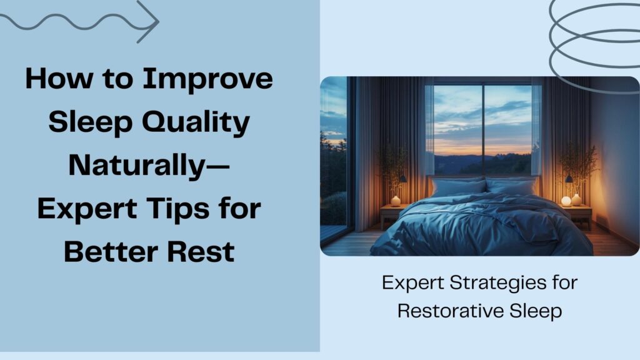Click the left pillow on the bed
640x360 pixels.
point(457,186)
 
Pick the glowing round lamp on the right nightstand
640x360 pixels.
point(566,201)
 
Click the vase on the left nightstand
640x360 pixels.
point(395,201)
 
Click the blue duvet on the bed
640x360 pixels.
point(481,225)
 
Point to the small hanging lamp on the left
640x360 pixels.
point(403,179)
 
